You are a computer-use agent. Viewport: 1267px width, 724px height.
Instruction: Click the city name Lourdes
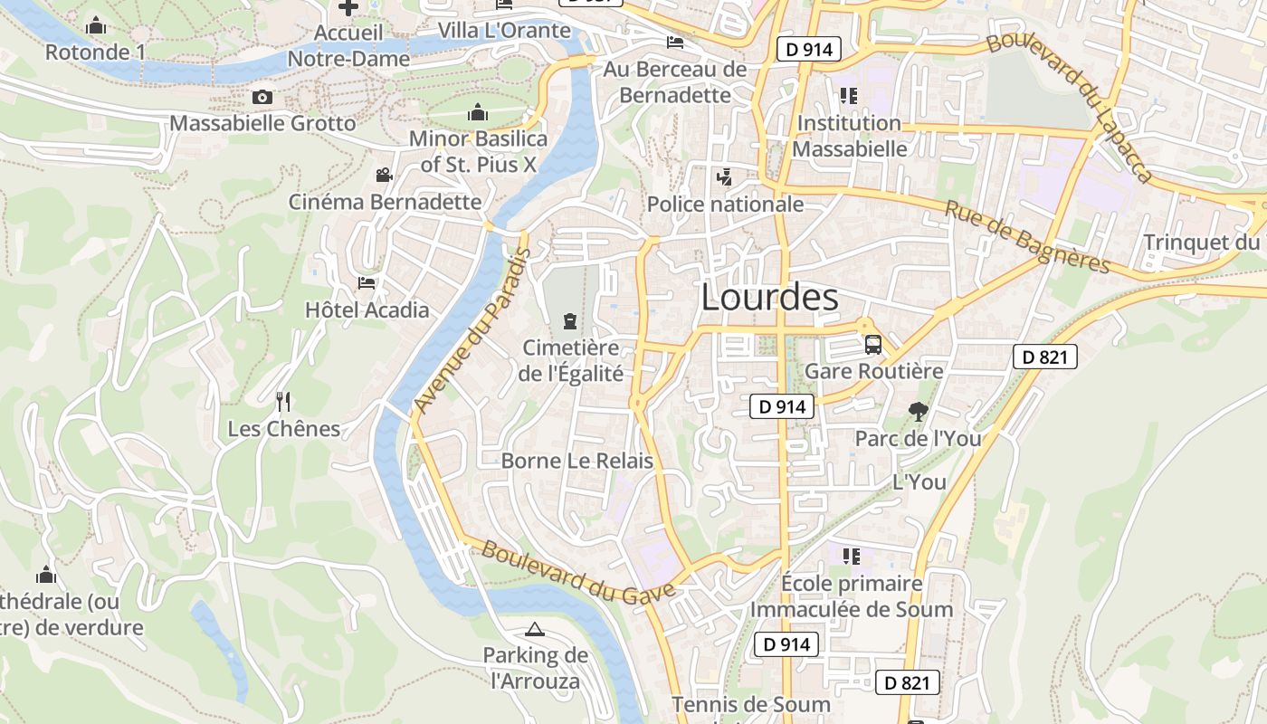(769, 297)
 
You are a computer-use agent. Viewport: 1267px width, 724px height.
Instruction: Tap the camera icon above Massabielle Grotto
(262, 97)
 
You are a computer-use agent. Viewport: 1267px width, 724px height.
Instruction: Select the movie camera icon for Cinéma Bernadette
(385, 175)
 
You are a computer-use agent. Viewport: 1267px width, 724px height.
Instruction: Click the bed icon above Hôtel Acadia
(367, 283)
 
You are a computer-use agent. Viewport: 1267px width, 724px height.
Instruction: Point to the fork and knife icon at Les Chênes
(283, 401)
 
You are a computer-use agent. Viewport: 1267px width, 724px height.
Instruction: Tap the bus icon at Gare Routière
(873, 344)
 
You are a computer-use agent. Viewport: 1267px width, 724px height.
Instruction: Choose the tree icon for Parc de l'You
(919, 412)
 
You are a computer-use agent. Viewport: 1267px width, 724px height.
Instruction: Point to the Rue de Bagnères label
(1027, 237)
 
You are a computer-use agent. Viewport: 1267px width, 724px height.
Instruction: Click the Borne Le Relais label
(576, 461)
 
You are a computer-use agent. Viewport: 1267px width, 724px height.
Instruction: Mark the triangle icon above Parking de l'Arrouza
(534, 629)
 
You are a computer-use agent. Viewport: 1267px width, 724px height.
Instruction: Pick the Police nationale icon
(724, 177)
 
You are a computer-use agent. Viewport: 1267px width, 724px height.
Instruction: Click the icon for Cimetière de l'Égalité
(570, 320)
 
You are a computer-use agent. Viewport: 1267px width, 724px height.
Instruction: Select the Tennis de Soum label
(750, 704)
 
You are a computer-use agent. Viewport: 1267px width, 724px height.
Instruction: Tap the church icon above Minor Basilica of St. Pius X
(478, 112)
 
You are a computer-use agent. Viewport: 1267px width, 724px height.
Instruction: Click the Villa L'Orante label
(504, 31)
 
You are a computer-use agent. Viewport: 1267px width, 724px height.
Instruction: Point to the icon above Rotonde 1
(96, 25)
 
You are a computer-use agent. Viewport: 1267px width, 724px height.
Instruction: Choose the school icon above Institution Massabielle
(848, 96)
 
